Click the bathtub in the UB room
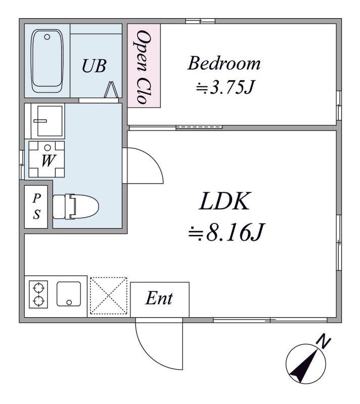(47, 61)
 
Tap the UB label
(94, 66)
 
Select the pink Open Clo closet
(144, 66)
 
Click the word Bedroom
(224, 63)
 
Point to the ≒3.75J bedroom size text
(225, 87)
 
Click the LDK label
(224, 201)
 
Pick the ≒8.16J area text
(227, 232)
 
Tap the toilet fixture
(75, 207)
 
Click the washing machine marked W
(47, 159)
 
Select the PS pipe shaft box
(36, 207)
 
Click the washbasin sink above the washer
(48, 121)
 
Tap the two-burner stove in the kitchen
(38, 294)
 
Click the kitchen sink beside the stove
(69, 294)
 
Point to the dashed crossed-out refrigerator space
(109, 296)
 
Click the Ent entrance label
(159, 298)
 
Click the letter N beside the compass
(324, 341)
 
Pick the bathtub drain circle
(47, 37)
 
